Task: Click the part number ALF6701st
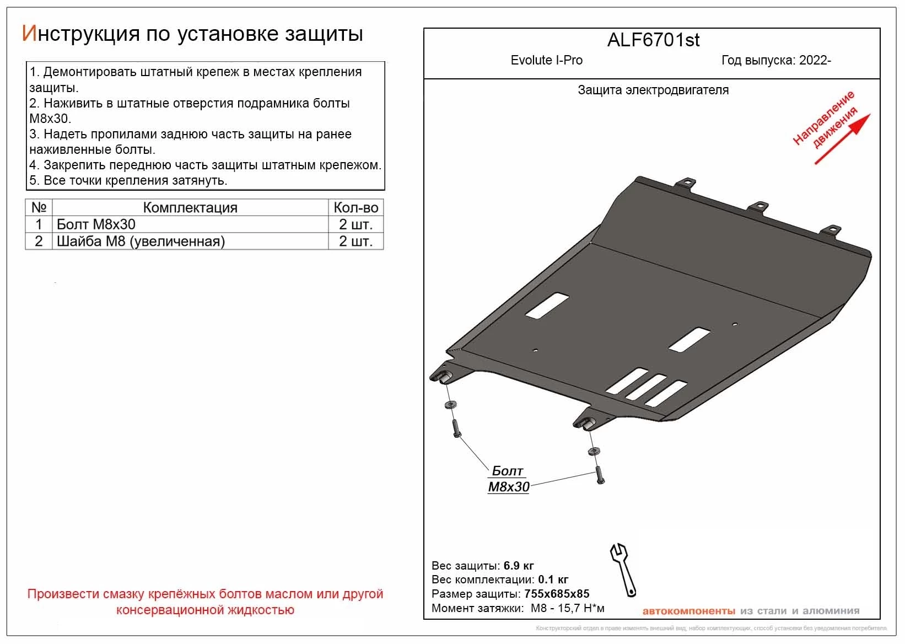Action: coord(653,40)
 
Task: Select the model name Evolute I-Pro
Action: coord(546,60)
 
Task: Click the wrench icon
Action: coord(623,569)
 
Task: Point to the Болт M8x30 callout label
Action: coord(508,479)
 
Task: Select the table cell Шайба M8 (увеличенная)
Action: coord(141,241)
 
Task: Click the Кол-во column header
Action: coord(355,208)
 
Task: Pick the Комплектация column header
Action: coord(190,208)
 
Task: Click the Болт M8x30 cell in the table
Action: coord(96,224)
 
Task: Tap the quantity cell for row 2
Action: coord(355,241)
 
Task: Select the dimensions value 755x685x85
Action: coord(557,594)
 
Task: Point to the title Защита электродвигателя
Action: coord(653,90)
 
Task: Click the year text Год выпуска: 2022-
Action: coord(776,60)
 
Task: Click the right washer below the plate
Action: coord(594,451)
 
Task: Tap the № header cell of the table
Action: coord(39,208)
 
